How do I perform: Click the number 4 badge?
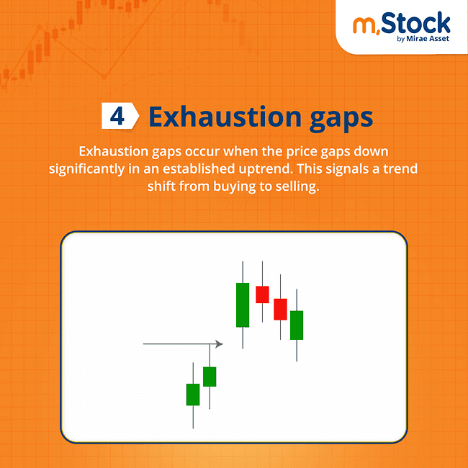click(118, 116)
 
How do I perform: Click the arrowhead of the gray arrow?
click(219, 344)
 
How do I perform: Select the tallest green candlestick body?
click(243, 305)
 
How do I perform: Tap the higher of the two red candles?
click(262, 294)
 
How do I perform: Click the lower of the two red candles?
click(280, 309)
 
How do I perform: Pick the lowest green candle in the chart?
click(193, 395)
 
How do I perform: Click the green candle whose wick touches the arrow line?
click(210, 377)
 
